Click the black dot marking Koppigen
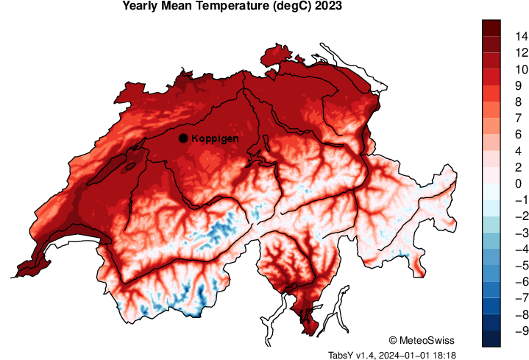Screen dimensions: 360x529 (x=182, y=138)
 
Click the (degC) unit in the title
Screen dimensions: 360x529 (x=291, y=7)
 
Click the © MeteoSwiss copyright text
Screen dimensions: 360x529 (x=422, y=340)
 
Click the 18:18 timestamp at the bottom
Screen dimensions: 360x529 (x=444, y=355)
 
